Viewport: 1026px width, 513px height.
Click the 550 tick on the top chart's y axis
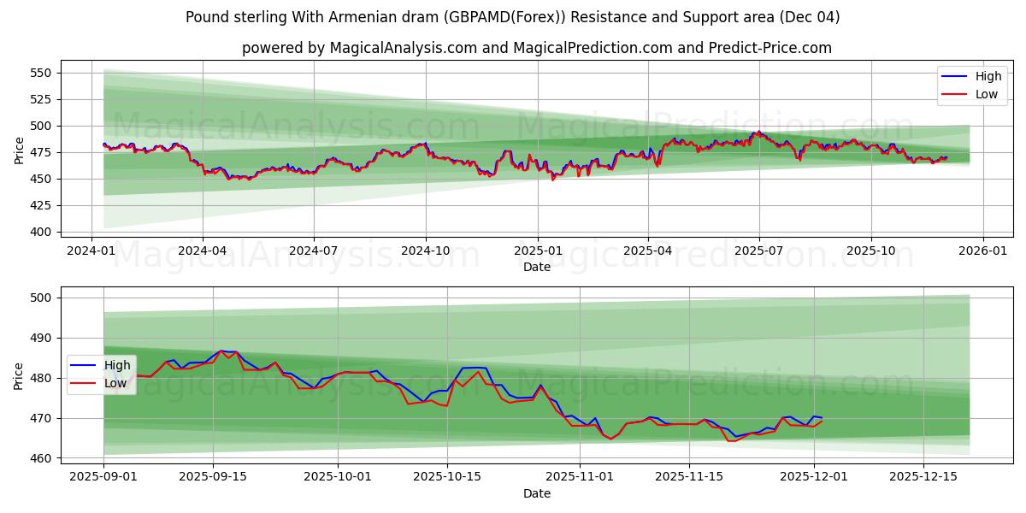pyautogui.click(x=41, y=73)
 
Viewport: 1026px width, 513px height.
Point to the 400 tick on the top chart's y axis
pyautogui.click(x=41, y=232)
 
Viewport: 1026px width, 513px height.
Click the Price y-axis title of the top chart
pyautogui.click(x=19, y=150)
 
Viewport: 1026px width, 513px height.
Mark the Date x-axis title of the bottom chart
pyautogui.click(x=537, y=493)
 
